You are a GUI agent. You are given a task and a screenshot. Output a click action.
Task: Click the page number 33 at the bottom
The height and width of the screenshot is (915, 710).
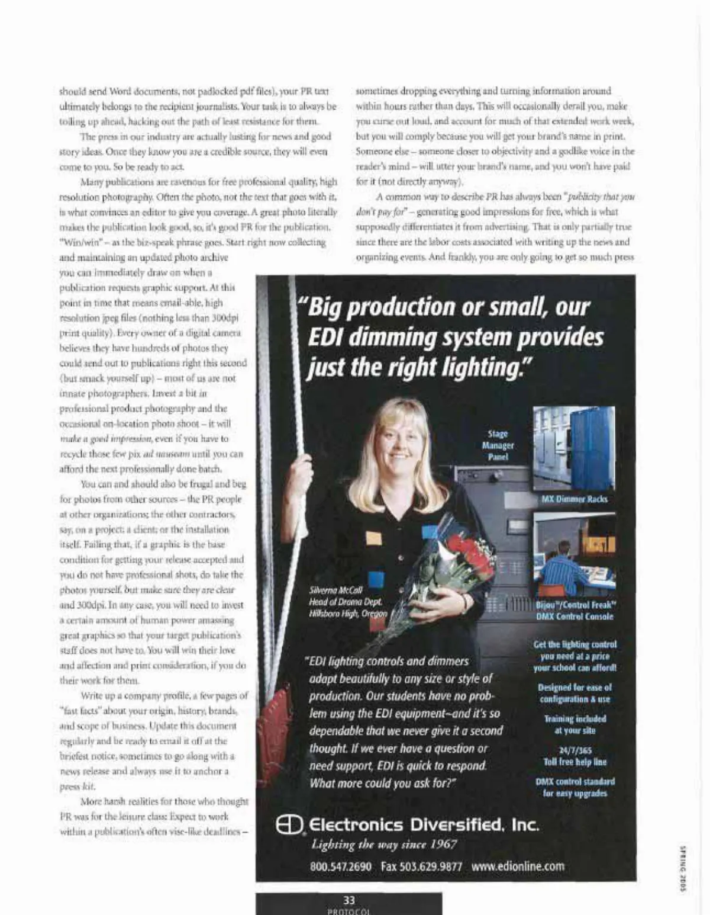click(349, 900)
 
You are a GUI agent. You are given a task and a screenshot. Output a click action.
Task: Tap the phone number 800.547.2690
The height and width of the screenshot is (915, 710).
click(341, 866)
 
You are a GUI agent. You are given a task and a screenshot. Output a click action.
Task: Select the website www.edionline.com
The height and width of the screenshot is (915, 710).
click(518, 866)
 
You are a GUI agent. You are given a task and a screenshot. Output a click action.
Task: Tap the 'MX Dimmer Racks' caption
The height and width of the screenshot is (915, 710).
click(574, 499)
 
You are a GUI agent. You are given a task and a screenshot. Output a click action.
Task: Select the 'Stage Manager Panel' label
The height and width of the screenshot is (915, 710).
click(498, 445)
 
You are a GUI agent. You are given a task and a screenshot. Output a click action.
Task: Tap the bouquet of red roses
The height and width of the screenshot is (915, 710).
click(467, 554)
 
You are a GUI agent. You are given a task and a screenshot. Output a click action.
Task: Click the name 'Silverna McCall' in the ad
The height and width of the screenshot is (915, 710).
click(335, 589)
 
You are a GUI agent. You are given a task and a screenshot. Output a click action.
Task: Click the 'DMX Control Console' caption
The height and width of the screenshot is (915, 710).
click(575, 617)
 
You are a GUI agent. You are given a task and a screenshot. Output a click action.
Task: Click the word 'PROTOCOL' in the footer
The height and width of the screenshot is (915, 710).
click(349, 911)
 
